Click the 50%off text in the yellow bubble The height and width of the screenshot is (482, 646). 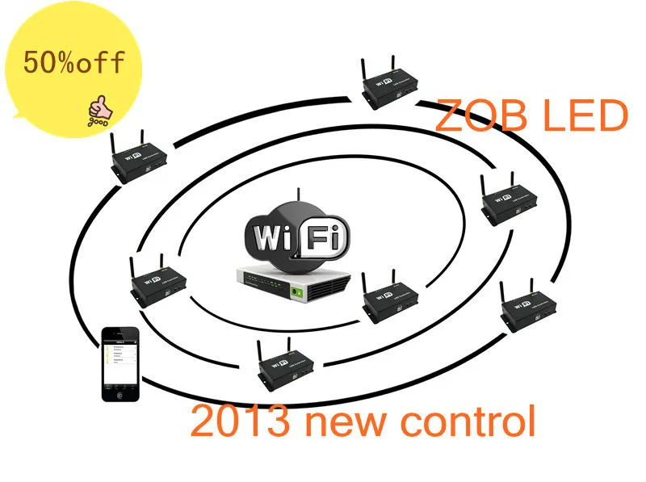point(74,62)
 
